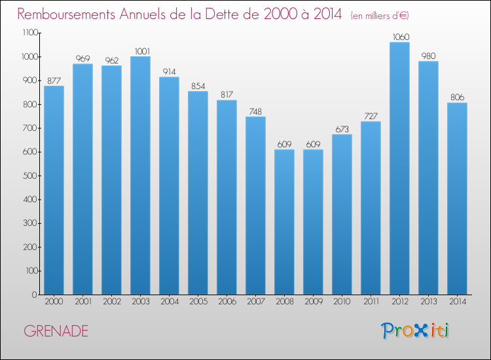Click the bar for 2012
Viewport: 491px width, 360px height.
click(x=399, y=168)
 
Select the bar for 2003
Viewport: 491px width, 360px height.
click(x=140, y=175)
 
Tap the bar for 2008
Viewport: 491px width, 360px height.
click(x=284, y=222)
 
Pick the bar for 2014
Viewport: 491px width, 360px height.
click(x=457, y=198)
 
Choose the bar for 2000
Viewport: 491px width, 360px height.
click(x=54, y=190)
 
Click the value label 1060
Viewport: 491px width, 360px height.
click(x=399, y=37)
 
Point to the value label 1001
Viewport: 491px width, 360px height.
click(x=140, y=51)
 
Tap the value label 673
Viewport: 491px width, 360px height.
click(x=342, y=129)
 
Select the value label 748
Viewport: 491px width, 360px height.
click(x=255, y=111)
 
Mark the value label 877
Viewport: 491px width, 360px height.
click(x=54, y=81)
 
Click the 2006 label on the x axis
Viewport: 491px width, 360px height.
click(x=227, y=302)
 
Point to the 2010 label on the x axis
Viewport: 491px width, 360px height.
click(x=342, y=302)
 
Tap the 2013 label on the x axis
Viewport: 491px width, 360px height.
click(x=428, y=302)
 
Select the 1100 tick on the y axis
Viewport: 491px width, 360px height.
click(x=29, y=33)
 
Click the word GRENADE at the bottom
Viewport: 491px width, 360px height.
click(x=56, y=331)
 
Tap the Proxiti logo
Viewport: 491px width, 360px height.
click(x=415, y=331)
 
